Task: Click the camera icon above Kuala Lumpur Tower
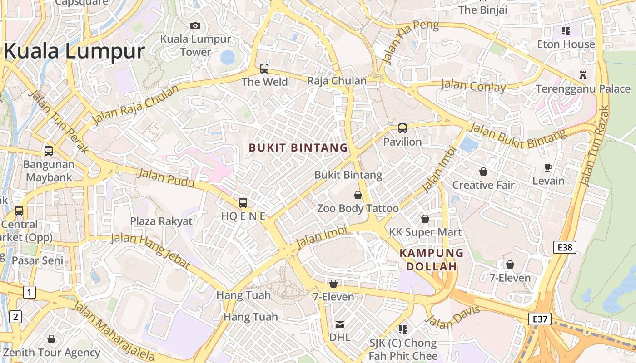click(195, 25)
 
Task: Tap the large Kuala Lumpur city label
click(74, 51)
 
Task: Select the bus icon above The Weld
click(264, 69)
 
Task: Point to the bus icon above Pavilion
click(402, 128)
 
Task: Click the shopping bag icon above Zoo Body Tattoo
click(358, 195)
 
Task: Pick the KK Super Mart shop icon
click(425, 219)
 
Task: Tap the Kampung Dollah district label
click(432, 260)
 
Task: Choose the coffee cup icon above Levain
click(548, 167)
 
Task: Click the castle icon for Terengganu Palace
click(583, 75)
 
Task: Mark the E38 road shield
click(565, 247)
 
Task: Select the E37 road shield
click(540, 319)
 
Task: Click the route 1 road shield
click(29, 292)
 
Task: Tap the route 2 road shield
click(15, 316)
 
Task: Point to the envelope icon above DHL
click(339, 324)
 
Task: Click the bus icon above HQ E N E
click(243, 202)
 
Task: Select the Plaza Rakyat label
click(161, 221)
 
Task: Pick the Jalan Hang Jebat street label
click(150, 251)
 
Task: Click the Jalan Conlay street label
click(473, 86)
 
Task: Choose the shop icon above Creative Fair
click(483, 172)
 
